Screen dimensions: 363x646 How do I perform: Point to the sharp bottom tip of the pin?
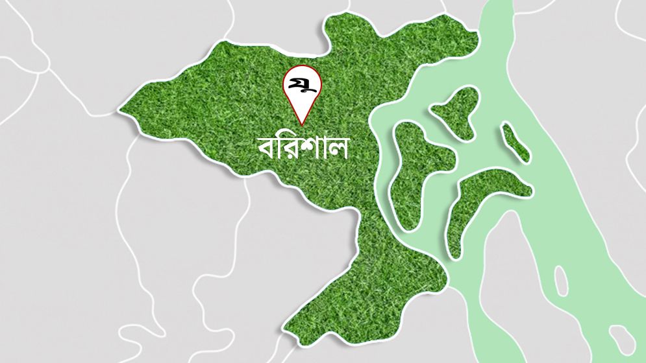click(303, 123)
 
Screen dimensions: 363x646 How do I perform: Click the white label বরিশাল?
click(303, 148)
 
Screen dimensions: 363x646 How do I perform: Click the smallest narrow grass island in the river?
click(516, 143)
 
